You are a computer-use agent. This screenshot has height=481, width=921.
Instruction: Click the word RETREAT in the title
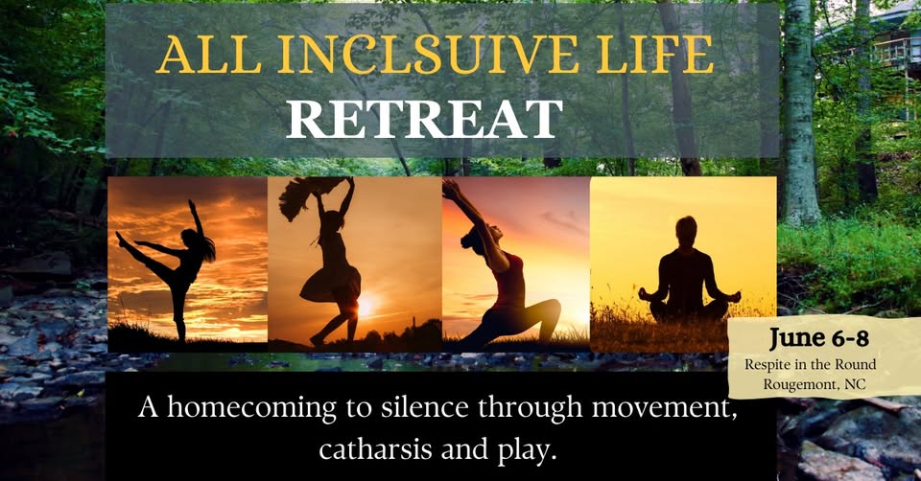pyautogui.click(x=423, y=119)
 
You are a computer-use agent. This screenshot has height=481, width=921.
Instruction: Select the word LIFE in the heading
pyautogui.click(x=655, y=55)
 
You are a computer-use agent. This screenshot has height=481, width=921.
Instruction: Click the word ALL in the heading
pyautogui.click(x=210, y=55)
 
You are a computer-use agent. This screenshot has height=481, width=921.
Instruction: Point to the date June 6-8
pyautogui.click(x=818, y=338)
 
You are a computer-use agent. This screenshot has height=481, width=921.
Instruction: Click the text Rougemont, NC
pyautogui.click(x=815, y=385)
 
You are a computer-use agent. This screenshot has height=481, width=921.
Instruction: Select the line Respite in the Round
pyautogui.click(x=810, y=364)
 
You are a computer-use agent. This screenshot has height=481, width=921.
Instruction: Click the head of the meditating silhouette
pyautogui.click(x=685, y=229)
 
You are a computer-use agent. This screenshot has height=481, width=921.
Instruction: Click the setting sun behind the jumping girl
pyautogui.click(x=364, y=307)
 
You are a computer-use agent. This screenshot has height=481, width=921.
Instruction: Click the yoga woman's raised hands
pyautogui.click(x=451, y=189)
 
